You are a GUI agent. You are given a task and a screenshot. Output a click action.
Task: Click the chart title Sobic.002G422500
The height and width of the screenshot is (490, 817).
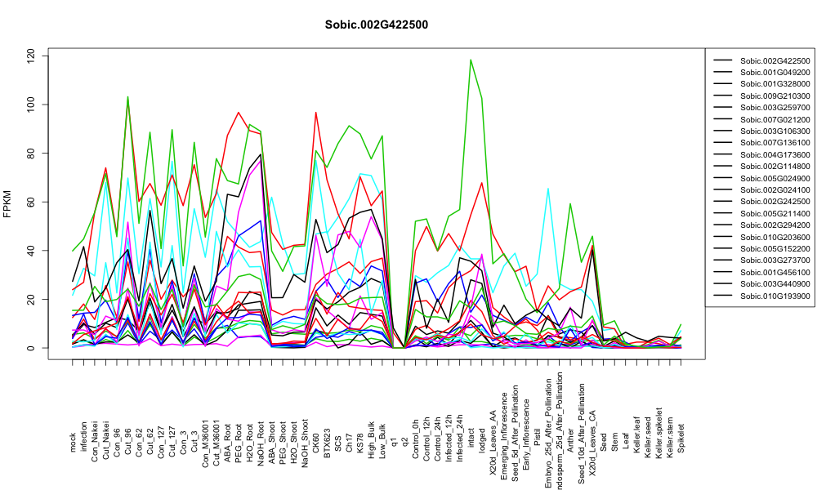[x=376, y=25]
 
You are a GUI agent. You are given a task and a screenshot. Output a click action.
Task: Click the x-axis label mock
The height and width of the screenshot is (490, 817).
[x=73, y=443]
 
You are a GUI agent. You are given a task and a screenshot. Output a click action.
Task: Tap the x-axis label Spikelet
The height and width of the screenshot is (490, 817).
[x=681, y=439]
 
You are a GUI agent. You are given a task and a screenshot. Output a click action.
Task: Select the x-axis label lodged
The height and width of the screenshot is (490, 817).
[x=482, y=440]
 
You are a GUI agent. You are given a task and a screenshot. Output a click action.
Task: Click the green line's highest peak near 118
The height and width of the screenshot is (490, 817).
[x=471, y=60]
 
